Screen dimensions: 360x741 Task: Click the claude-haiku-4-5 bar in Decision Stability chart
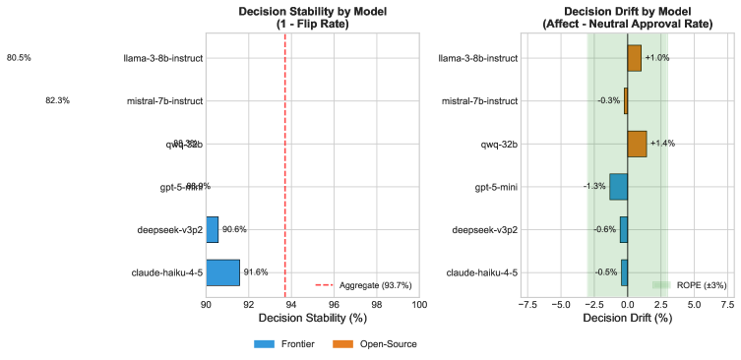click(222, 272)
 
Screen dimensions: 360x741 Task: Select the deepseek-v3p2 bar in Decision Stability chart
click(212, 229)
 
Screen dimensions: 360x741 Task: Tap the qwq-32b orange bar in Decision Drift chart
click(637, 144)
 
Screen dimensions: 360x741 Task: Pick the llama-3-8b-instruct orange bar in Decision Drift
click(634, 58)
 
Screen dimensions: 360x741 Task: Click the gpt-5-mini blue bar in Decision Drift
click(618, 187)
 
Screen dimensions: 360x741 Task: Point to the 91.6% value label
click(256, 272)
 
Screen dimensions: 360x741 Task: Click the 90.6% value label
click(234, 229)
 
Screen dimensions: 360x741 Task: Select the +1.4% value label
click(662, 144)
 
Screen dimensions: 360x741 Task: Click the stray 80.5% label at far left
click(19, 58)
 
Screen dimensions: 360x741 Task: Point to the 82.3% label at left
click(57, 100)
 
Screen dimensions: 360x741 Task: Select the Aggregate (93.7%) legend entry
click(363, 285)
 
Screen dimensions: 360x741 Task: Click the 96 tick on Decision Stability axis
click(334, 304)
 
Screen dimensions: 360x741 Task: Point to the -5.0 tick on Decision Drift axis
click(560, 304)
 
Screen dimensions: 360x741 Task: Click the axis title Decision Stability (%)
click(312, 319)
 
